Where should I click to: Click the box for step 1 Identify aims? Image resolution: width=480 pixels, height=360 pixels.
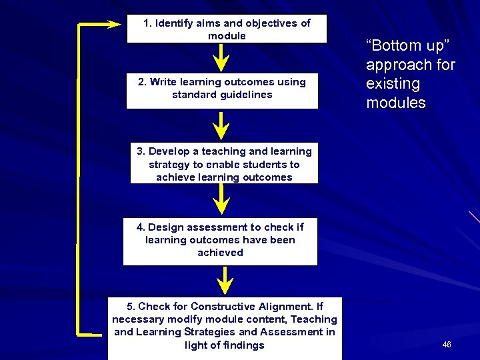227,29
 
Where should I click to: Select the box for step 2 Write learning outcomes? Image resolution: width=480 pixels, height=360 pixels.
222,88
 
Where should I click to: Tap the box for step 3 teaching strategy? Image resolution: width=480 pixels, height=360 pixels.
224,164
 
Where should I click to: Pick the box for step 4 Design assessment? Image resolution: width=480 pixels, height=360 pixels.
220,240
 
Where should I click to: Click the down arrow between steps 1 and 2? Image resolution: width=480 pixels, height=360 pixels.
219,58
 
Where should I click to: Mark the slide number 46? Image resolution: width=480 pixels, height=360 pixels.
446,345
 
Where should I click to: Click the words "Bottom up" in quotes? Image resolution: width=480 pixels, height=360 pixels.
408,46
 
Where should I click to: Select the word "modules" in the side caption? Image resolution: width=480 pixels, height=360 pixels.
395,103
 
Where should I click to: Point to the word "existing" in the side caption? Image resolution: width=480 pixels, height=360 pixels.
393,84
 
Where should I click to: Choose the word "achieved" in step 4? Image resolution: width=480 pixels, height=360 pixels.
220,253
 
